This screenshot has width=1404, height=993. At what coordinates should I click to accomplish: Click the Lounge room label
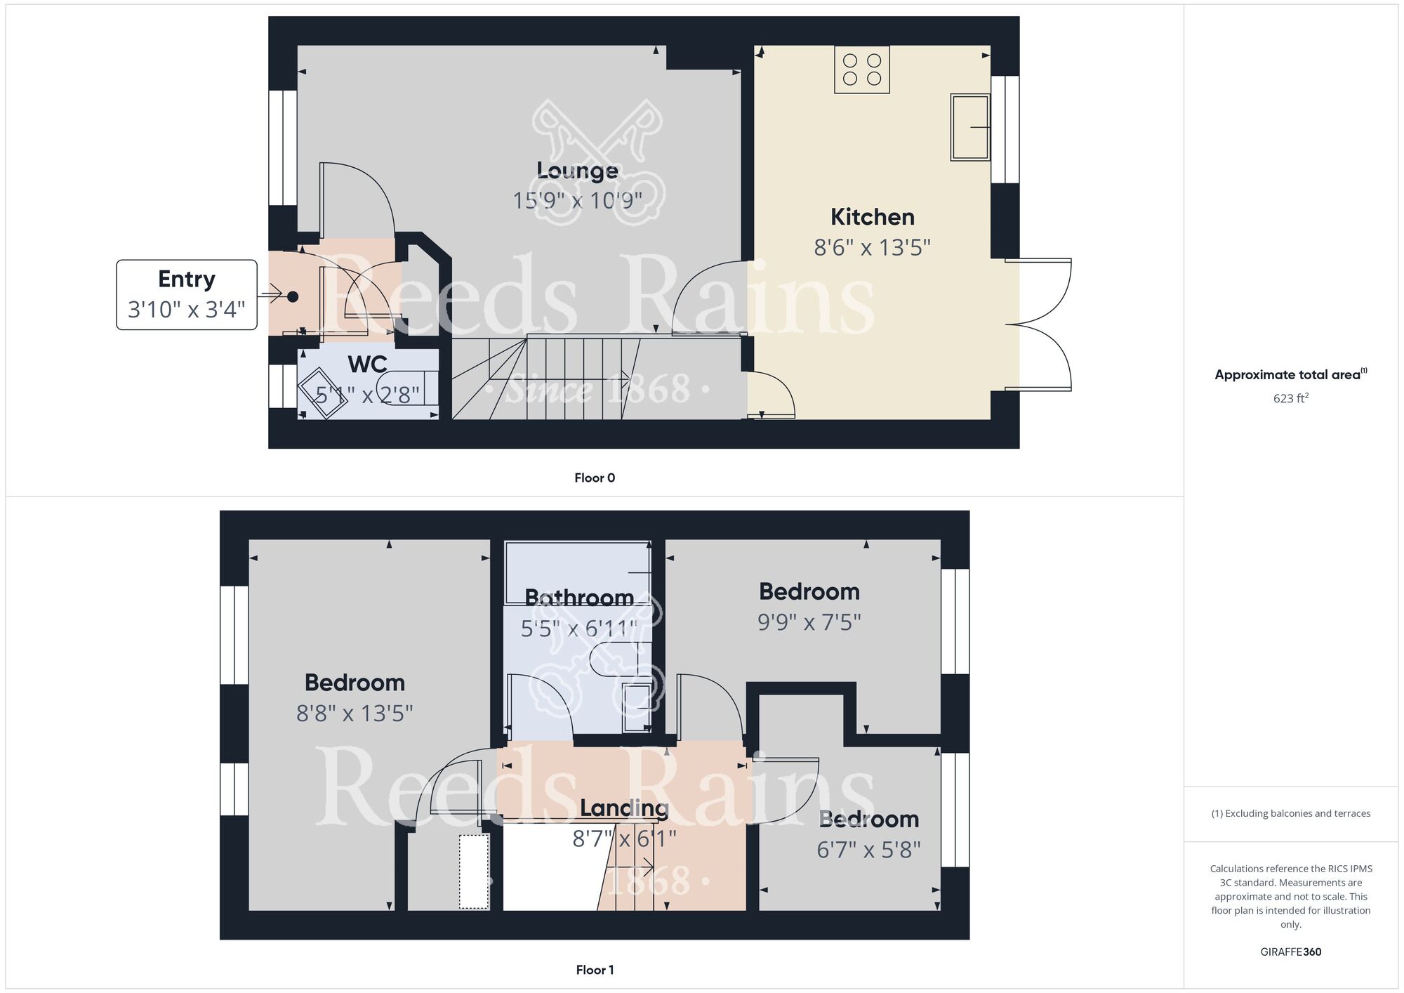coord(577,171)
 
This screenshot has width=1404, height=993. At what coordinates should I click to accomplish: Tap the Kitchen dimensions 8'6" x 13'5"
coord(872,248)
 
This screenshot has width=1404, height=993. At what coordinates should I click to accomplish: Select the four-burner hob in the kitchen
coord(862,70)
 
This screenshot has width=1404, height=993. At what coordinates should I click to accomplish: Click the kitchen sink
coord(969,127)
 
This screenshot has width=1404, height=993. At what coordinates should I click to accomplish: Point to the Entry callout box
coord(187,294)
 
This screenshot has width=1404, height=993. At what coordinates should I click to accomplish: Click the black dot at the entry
coord(293,296)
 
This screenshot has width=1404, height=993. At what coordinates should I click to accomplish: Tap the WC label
coord(367,364)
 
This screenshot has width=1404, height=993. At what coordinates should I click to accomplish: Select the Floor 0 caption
coord(595,478)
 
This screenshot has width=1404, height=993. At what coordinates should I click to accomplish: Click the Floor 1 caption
coord(595,970)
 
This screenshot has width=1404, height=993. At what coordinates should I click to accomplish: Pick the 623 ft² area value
coord(1290,398)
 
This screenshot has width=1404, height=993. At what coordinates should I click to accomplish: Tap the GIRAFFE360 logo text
coord(1290,952)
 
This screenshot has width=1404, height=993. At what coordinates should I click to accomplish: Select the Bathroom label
coord(579,598)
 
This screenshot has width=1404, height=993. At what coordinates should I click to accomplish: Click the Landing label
coord(624,808)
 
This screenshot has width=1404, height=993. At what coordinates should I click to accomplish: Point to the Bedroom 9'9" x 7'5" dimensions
coord(809,622)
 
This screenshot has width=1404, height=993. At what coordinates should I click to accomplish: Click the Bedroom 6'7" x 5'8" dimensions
coord(868,850)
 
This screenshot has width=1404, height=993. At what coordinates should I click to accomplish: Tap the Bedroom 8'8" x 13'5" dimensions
coord(355,713)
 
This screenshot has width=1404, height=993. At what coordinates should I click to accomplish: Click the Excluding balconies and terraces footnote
coord(1290,814)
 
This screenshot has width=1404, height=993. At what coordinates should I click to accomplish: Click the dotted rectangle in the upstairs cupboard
coord(474,872)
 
